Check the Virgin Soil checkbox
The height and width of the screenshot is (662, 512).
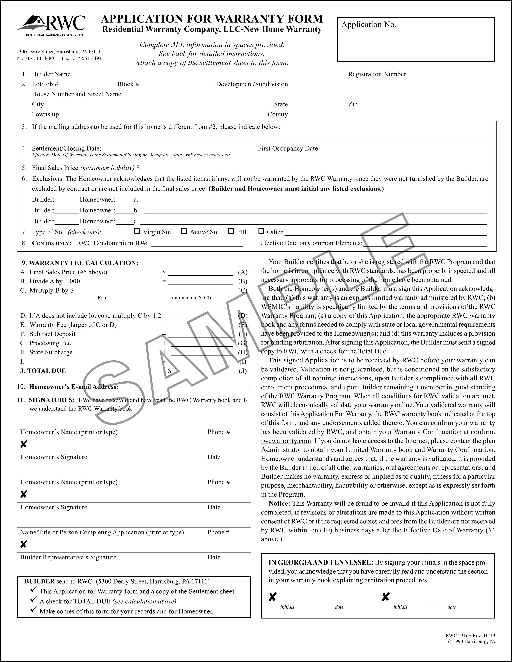[x=137, y=231]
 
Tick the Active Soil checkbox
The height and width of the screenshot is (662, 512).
[x=184, y=231]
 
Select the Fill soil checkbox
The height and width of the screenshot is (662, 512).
[x=231, y=231]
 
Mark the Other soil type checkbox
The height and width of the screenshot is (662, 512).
[x=261, y=231]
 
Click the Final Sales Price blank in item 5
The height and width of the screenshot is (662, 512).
[x=192, y=168]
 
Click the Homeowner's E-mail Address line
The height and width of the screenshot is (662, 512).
[x=185, y=387]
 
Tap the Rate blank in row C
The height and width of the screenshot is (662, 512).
[x=110, y=291]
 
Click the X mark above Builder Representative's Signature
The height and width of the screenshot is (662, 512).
[x=24, y=545]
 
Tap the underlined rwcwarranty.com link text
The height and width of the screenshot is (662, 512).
[x=286, y=441]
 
